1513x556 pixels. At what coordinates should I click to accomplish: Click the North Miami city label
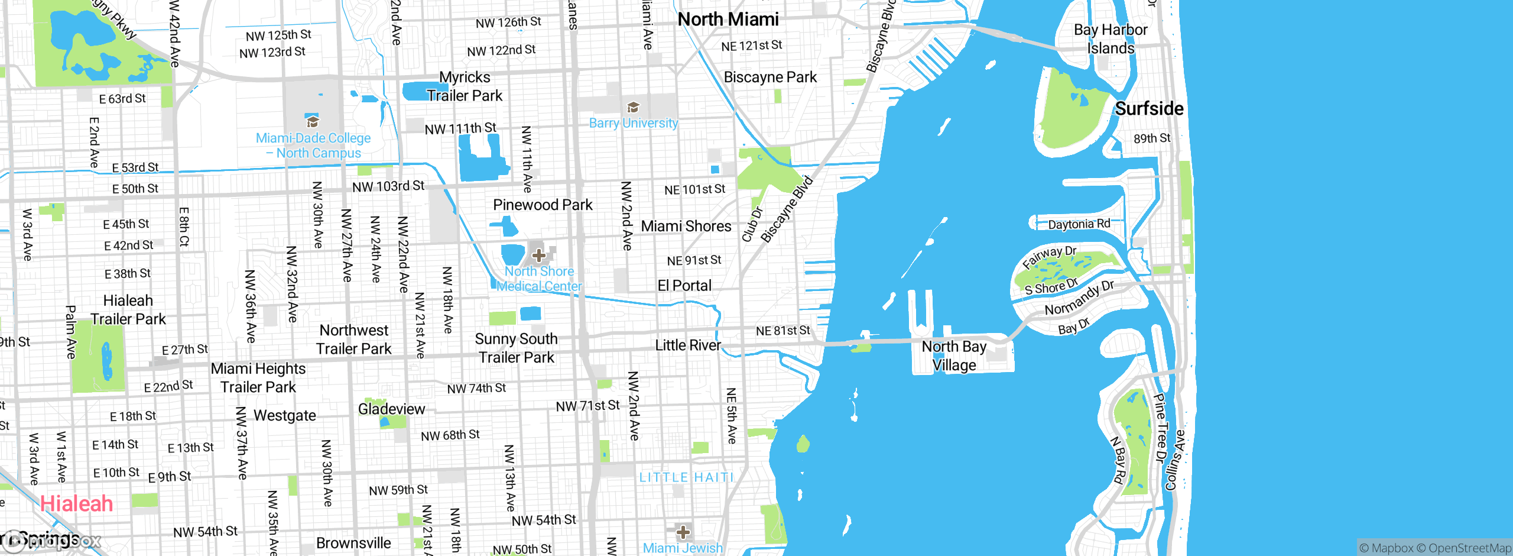pyautogui.click(x=728, y=20)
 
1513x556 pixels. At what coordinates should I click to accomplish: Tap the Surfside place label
pyautogui.click(x=1149, y=109)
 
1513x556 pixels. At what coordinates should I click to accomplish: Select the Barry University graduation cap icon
pyautogui.click(x=633, y=108)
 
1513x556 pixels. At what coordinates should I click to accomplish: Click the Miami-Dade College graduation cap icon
pyautogui.click(x=312, y=122)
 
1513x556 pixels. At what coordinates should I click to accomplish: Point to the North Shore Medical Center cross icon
pyautogui.click(x=538, y=256)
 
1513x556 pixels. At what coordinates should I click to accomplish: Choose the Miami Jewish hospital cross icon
pyautogui.click(x=683, y=532)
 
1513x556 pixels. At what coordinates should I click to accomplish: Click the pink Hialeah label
pyautogui.click(x=76, y=504)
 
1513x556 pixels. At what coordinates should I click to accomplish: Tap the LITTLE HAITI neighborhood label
pyautogui.click(x=686, y=477)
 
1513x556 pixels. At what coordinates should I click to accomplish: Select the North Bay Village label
pyautogui.click(x=954, y=355)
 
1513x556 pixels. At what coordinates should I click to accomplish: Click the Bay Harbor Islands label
pyautogui.click(x=1111, y=38)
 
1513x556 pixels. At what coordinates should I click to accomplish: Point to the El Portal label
pyautogui.click(x=684, y=286)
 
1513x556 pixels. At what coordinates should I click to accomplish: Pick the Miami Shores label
pyautogui.click(x=686, y=226)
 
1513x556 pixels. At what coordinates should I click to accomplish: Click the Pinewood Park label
pyautogui.click(x=543, y=205)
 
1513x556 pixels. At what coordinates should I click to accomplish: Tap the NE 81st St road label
pyautogui.click(x=783, y=331)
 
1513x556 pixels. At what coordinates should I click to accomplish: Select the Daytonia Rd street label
pyautogui.click(x=1079, y=224)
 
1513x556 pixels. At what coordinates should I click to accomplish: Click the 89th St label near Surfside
pyautogui.click(x=1152, y=138)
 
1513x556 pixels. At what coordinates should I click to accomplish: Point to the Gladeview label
pyautogui.click(x=391, y=409)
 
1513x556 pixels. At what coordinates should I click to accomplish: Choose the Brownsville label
pyautogui.click(x=353, y=543)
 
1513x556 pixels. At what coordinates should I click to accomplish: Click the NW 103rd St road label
pyautogui.click(x=388, y=186)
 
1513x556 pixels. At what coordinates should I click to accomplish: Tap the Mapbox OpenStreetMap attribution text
pyautogui.click(x=1435, y=548)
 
